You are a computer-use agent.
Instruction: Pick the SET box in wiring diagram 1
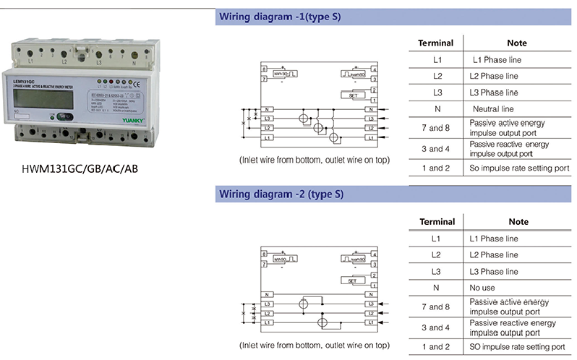(353, 95)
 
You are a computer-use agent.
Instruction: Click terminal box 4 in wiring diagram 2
(374, 254)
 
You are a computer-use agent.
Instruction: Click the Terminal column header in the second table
(437, 222)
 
